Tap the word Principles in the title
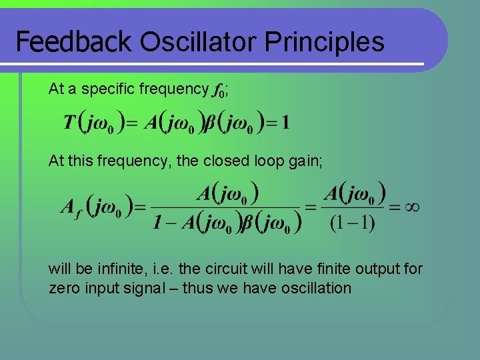point(325,42)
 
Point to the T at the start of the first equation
point(69,123)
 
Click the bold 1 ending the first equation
point(285,123)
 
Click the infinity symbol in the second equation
point(413,207)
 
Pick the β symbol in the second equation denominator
point(246,222)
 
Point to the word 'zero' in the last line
point(64,288)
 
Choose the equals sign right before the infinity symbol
point(395,207)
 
